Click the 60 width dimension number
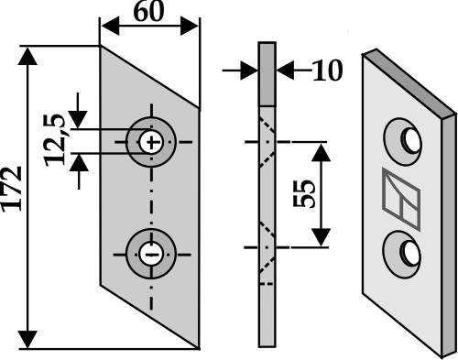[x=148, y=12]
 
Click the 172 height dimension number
[x=12, y=189]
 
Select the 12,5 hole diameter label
[x=55, y=140]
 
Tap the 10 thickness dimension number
[x=327, y=71]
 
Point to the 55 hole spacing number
[x=303, y=193]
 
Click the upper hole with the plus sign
[x=151, y=142]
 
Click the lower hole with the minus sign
[x=151, y=254]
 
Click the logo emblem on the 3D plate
[x=401, y=199]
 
